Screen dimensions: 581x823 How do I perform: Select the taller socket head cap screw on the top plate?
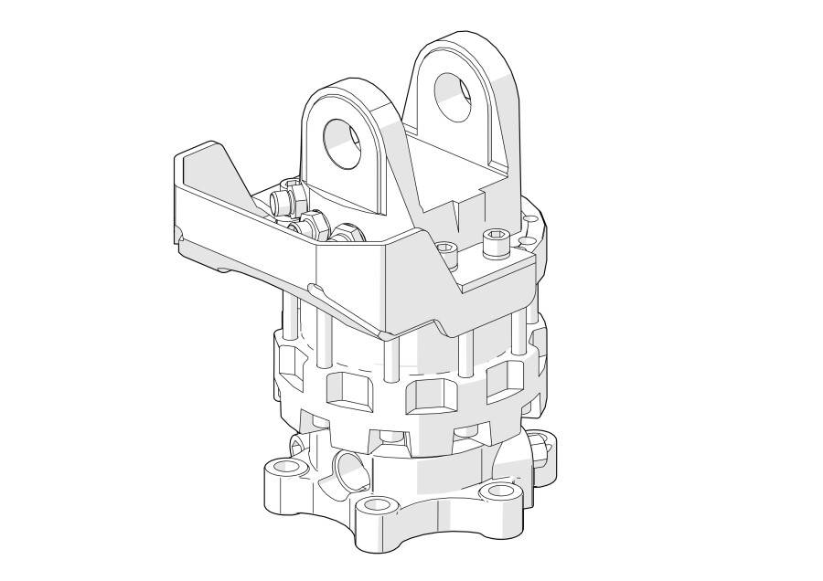pyautogui.click(x=494, y=243)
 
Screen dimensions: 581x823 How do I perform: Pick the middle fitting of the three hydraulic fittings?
pyautogui.click(x=310, y=222)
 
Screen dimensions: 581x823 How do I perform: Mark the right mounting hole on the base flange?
pyautogui.click(x=499, y=491)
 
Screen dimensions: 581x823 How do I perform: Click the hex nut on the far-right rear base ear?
pyautogui.click(x=541, y=447)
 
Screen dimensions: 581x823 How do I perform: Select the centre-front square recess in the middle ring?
pyautogui.click(x=426, y=396)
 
